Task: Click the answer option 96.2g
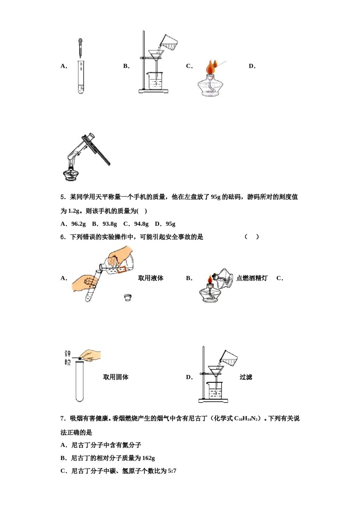[78, 224]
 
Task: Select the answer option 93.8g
[110, 224]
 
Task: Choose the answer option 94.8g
[141, 224]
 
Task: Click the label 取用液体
[150, 278]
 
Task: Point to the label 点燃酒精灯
[252, 278]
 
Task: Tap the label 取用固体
[116, 377]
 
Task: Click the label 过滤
[246, 377]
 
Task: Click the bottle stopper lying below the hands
[128, 298]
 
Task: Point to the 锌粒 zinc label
[67, 358]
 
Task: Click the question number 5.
[63, 197]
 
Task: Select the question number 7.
[63, 418]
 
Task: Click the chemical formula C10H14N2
[246, 418]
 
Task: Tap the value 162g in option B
[148, 458]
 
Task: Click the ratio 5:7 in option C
[172, 471]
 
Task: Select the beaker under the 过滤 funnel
[215, 390]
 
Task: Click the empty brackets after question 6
[252, 237]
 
